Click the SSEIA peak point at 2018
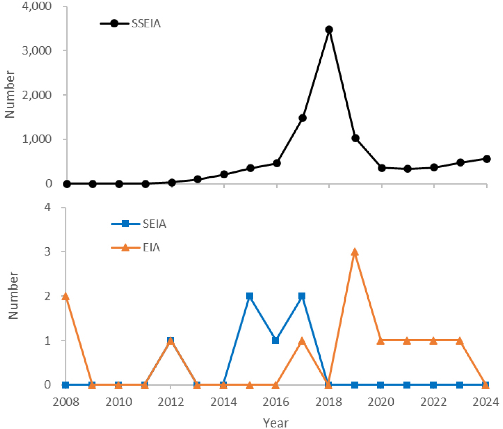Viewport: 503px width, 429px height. click(x=329, y=29)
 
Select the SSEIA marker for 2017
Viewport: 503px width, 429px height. click(x=303, y=118)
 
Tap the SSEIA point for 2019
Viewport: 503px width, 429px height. click(x=355, y=138)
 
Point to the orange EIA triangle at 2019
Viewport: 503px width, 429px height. click(x=355, y=252)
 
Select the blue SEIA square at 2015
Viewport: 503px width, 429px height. click(x=250, y=296)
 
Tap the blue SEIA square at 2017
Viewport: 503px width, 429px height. click(x=302, y=296)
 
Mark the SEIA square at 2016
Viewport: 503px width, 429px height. click(x=275, y=341)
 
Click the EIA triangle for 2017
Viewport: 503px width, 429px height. click(x=302, y=341)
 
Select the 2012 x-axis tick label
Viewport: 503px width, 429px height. click(x=171, y=402)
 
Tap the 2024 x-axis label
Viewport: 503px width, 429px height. click(x=486, y=402)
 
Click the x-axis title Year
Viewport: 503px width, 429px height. click(x=275, y=423)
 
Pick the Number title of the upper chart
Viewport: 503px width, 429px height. click(x=10, y=94)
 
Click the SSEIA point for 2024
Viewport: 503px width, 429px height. click(x=487, y=159)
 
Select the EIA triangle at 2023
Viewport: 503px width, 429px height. click(x=460, y=341)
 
